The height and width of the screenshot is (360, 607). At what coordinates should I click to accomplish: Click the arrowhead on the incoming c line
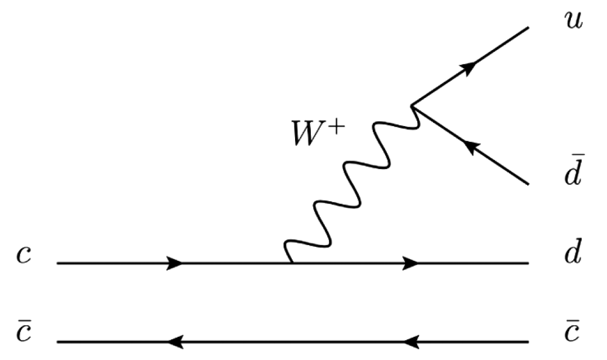[x=175, y=263]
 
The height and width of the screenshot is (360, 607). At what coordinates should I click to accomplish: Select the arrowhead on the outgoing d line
[x=411, y=263]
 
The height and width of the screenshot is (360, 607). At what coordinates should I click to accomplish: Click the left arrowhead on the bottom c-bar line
[x=175, y=341]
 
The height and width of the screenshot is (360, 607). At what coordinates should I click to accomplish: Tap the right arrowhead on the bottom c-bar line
[x=411, y=341]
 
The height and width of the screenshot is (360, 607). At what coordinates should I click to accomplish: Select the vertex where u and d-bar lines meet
[x=412, y=106]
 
